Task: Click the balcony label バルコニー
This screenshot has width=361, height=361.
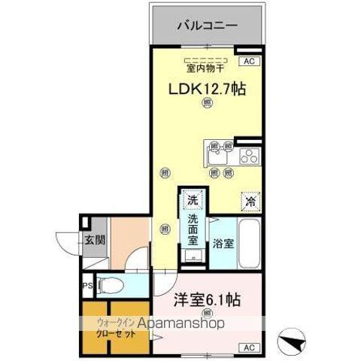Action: click(207, 26)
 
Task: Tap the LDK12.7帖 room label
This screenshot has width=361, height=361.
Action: click(205, 89)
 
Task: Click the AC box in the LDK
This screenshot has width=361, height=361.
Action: click(249, 60)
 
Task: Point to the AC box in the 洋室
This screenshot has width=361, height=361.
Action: click(249, 347)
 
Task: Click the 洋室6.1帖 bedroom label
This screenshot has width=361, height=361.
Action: click(207, 300)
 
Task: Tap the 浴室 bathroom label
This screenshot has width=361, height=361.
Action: click(223, 244)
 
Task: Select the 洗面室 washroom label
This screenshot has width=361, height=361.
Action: click(193, 230)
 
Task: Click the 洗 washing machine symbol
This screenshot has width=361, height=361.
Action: click(193, 201)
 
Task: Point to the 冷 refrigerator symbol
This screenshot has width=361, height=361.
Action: click(250, 201)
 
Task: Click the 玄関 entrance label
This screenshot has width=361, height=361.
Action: click(95, 242)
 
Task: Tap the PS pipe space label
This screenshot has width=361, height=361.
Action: click(88, 286)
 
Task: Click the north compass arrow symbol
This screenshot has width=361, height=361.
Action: click(291, 342)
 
